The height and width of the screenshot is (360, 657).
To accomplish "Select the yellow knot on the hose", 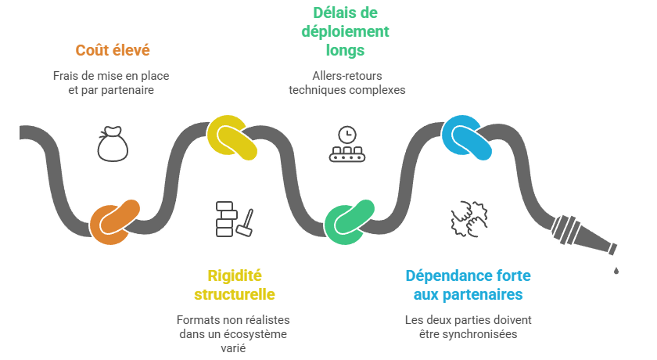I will (x=234, y=139).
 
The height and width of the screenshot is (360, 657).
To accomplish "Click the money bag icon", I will (x=111, y=144).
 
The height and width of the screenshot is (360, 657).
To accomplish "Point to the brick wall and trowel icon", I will (x=235, y=218).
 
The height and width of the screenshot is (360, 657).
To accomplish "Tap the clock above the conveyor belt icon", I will (x=346, y=134).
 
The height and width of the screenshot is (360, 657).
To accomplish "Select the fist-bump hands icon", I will (x=469, y=218).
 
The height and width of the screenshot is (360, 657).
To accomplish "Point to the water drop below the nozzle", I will (x=616, y=270).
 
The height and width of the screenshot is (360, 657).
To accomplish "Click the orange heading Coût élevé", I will (x=112, y=50).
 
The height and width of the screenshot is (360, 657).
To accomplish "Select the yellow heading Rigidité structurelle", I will (x=234, y=285).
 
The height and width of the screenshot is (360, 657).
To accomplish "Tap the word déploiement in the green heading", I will (x=345, y=32).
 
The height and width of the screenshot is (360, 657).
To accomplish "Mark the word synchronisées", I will (x=481, y=334).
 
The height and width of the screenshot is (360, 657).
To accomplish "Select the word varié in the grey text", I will (x=234, y=347).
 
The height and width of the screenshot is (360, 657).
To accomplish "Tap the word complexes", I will (x=379, y=90).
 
